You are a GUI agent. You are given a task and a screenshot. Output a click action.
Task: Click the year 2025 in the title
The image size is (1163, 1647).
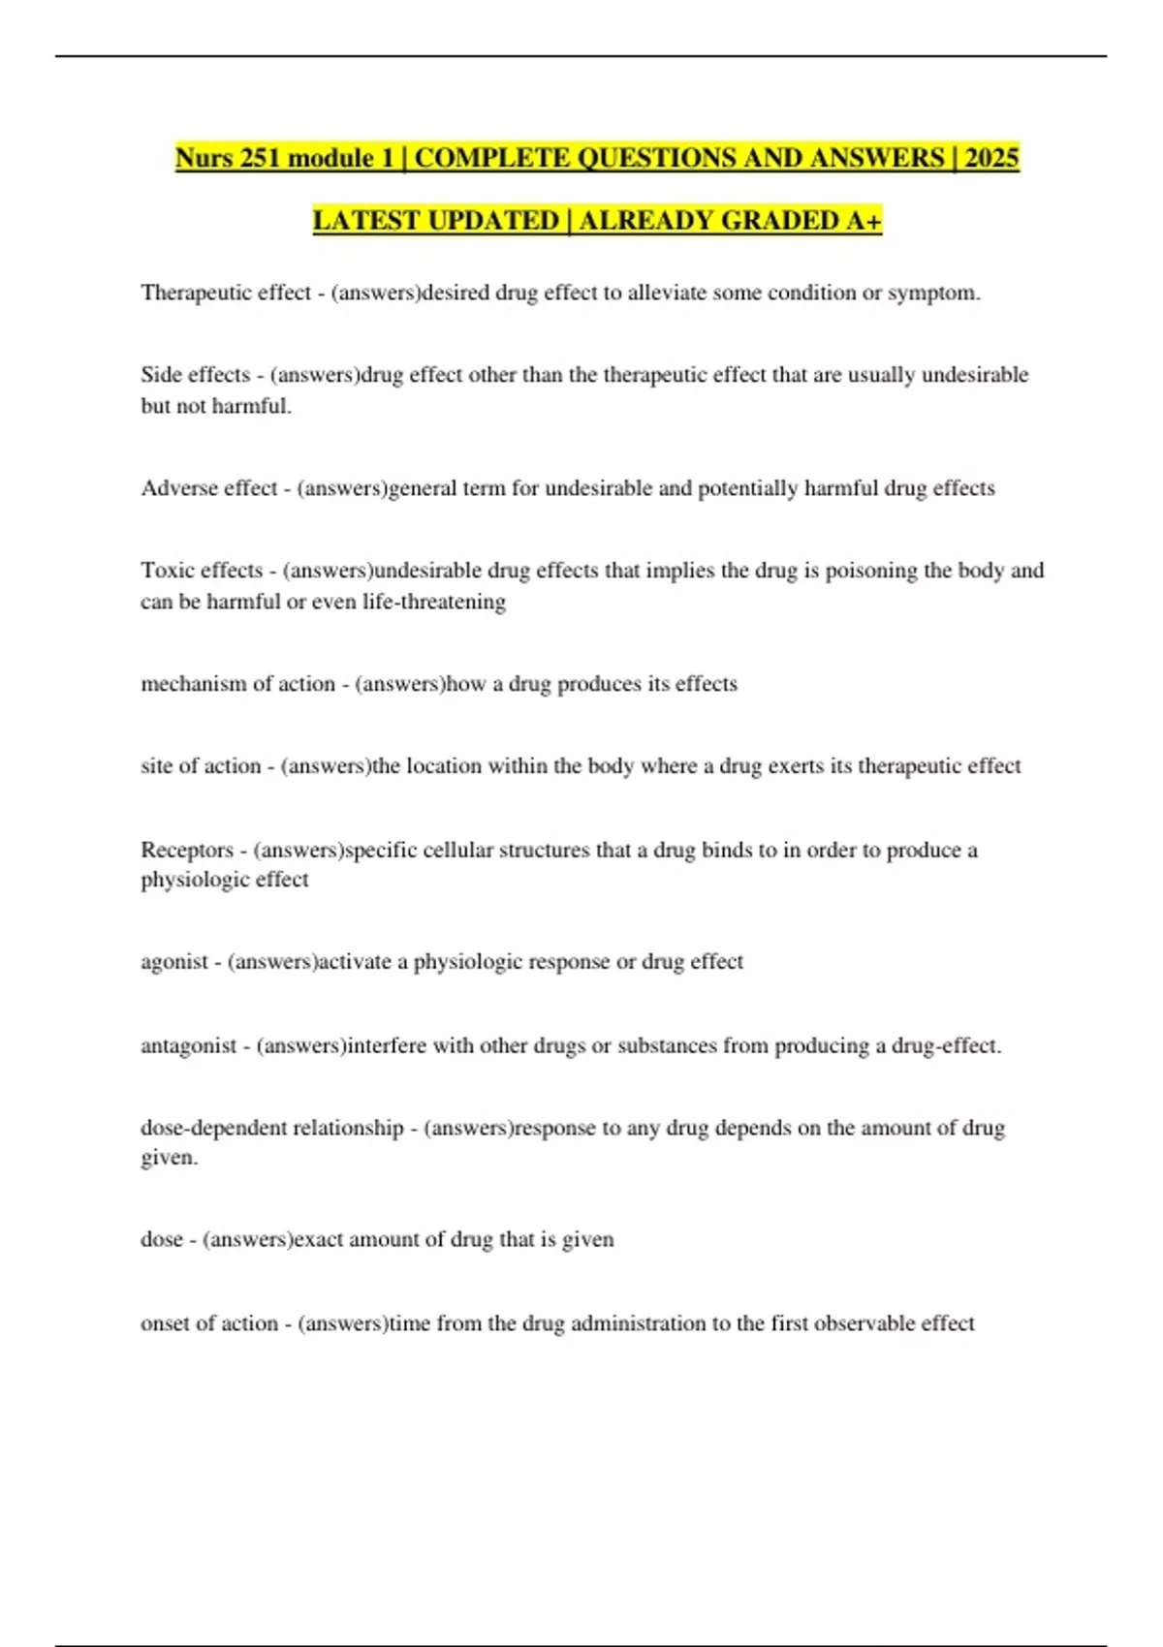point(991,158)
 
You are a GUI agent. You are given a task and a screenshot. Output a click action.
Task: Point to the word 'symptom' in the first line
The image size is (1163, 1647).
point(930,293)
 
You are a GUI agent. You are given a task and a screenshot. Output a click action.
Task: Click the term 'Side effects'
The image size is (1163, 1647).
point(195,375)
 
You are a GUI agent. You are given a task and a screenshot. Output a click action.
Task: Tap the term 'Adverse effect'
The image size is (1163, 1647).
point(208,488)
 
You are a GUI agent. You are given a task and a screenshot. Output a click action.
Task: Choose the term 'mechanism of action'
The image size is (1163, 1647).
point(237,684)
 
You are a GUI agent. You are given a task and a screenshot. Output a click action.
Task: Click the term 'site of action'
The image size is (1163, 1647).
point(201,766)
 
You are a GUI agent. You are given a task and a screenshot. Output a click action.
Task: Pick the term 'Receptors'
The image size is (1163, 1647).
point(187,850)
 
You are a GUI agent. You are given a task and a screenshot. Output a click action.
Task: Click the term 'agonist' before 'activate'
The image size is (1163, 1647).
point(174,962)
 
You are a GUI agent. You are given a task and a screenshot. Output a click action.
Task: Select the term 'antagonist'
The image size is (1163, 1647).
point(188,1046)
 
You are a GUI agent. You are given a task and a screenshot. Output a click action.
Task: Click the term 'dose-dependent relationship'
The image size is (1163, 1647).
point(271,1128)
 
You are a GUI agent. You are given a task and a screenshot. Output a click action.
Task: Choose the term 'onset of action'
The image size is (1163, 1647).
point(208,1323)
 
